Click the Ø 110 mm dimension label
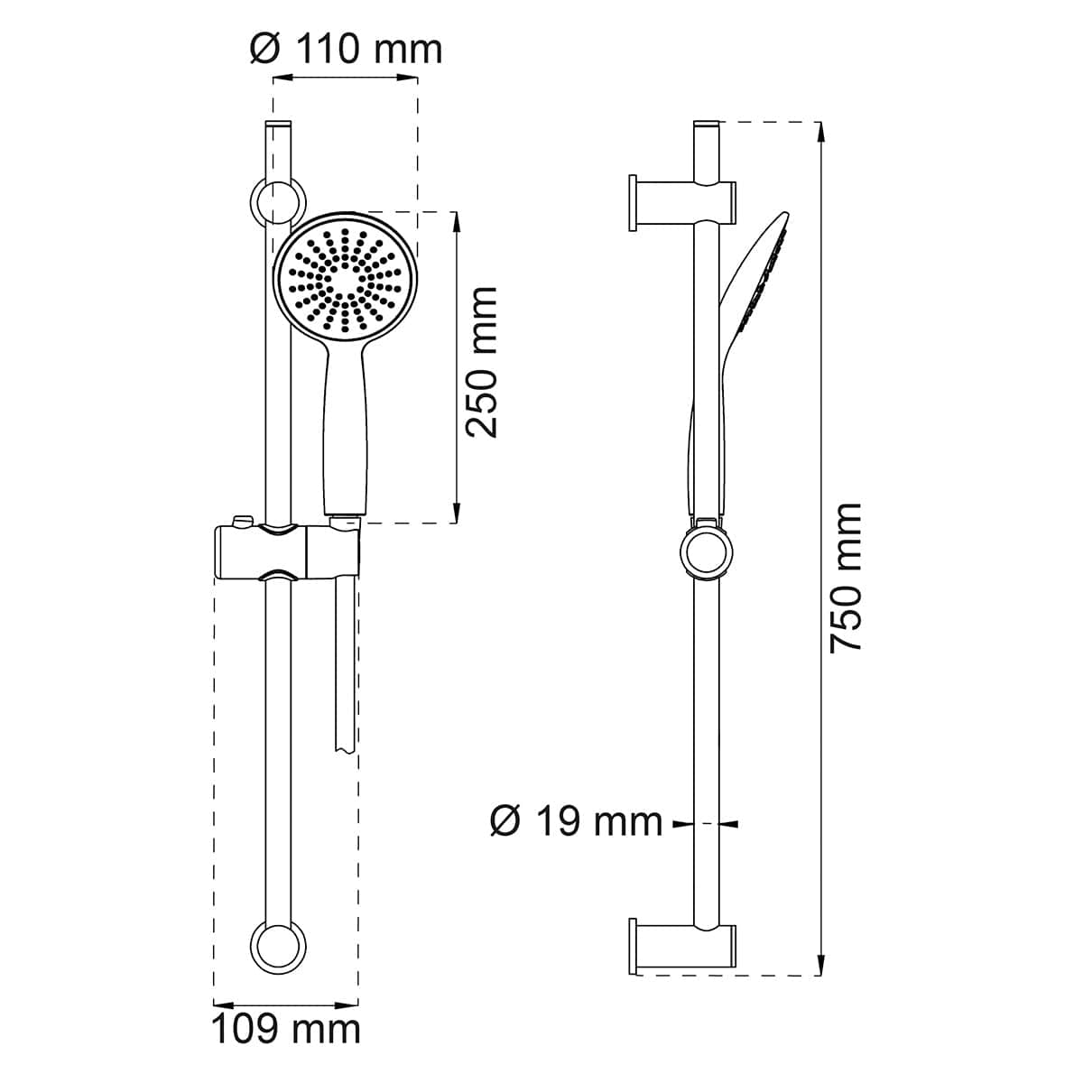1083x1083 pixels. [346, 50]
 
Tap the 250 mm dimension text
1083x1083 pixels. [481, 363]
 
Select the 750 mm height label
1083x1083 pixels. [846, 579]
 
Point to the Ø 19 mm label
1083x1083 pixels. [576, 823]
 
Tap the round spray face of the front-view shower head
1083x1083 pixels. [345, 279]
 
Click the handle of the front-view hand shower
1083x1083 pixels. [345, 430]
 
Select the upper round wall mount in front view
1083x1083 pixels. [277, 202]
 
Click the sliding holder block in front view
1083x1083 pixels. [287, 551]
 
